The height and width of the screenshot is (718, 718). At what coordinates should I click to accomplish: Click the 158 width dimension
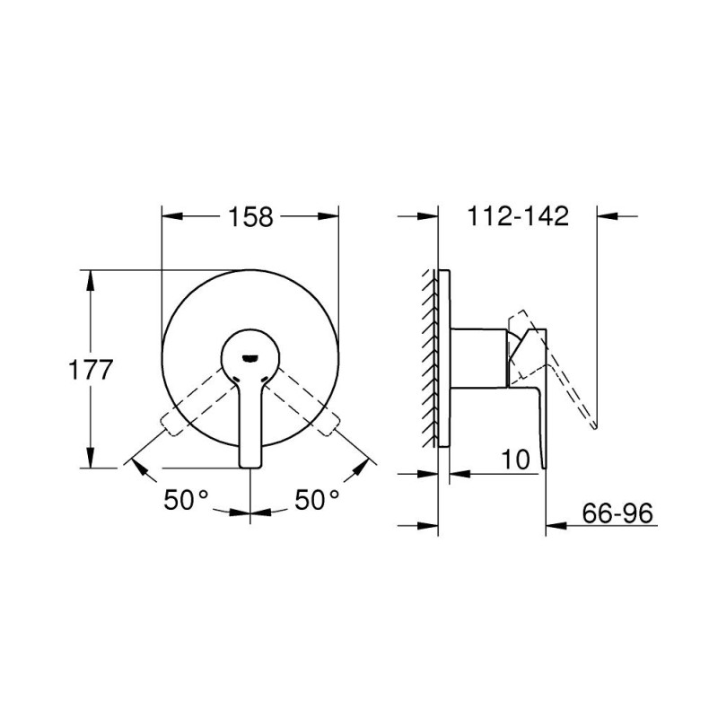[x=250, y=216]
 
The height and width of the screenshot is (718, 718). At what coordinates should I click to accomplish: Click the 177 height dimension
[x=91, y=370]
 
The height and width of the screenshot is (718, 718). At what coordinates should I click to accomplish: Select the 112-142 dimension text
[x=518, y=215]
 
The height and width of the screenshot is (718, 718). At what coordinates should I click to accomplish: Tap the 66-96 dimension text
[x=617, y=513]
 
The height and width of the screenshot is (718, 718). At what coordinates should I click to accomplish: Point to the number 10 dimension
[x=515, y=459]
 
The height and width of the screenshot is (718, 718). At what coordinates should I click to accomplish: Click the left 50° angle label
[x=186, y=500]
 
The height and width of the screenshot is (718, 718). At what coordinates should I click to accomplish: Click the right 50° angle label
[x=317, y=500]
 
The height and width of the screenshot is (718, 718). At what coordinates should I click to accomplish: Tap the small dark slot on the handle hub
[x=250, y=358]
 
